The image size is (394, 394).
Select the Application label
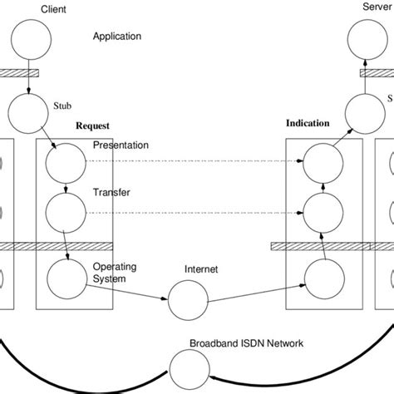pos(117,37)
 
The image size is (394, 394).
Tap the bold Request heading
pos(92,127)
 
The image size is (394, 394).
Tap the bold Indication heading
pos(308,123)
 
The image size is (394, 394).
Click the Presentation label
pos(121,145)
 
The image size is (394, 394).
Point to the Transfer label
pos(111,192)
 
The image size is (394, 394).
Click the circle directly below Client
pos(29,40)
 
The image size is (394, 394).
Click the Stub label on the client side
pos(62,105)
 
